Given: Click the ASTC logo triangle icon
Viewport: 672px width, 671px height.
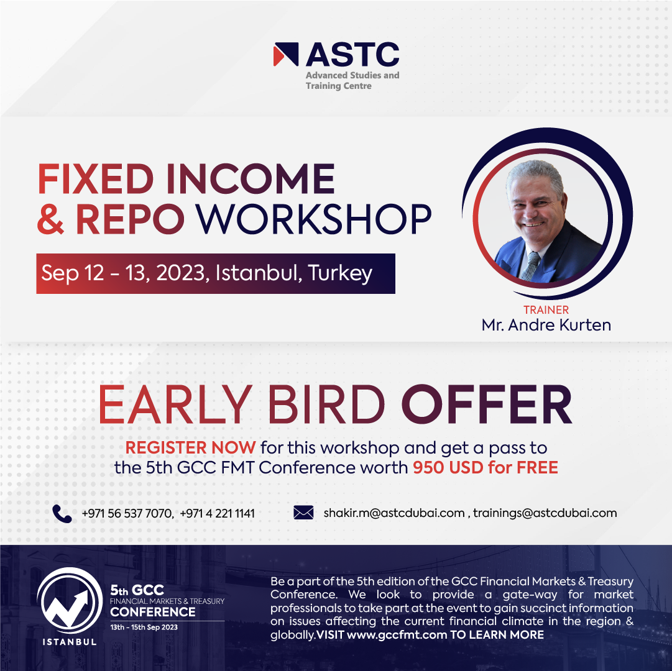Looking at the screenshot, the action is coord(286,55).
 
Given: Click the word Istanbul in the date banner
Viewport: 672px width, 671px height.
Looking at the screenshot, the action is coord(257,272).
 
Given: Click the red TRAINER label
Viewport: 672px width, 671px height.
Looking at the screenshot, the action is coord(546,309).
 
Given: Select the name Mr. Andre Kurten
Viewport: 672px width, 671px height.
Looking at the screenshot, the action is coord(546,325).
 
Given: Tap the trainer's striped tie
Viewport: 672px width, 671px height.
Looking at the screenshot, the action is coord(530,266).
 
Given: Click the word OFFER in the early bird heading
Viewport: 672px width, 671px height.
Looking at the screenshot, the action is coord(487,404).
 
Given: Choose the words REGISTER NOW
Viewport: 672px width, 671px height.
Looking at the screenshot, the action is coord(190,448).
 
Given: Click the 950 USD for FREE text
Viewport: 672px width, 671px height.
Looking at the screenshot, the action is coord(486,468).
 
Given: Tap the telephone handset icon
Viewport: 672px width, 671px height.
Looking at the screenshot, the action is coord(62,513).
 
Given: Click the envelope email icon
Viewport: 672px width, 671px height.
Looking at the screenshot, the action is coord(303,513).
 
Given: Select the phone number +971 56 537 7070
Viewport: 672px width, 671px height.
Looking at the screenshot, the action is coord(127,513).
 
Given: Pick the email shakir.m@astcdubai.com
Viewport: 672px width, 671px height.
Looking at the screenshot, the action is coord(394,513).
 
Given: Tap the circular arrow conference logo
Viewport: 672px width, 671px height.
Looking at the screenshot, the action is coord(70,601).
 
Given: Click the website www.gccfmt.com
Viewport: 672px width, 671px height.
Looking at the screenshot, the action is coord(397,634).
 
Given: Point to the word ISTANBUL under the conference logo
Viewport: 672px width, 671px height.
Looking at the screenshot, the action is coord(70,642).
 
